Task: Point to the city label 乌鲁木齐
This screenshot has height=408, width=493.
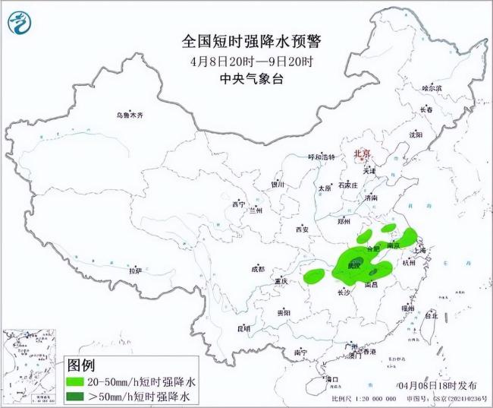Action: pos(129,115)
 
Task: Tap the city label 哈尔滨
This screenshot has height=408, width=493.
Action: pos(432,88)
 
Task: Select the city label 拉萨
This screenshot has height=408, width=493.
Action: pos(135,270)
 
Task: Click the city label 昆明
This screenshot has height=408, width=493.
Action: pos(243,328)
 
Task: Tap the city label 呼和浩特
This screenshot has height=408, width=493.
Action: pos(320,157)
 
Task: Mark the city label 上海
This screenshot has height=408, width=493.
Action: pos(423,249)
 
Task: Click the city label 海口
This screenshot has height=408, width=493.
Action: pos(331,378)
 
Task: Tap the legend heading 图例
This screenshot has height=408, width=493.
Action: pos(83,365)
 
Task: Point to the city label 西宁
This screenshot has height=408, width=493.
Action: pos(239,204)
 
